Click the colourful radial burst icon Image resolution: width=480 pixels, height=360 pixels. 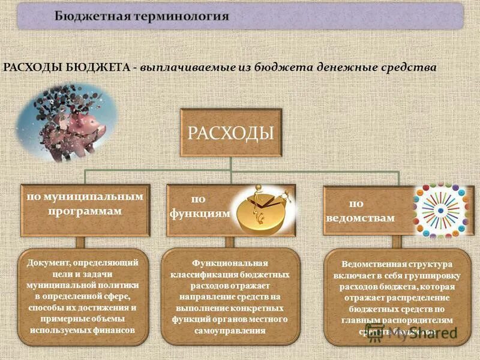[443, 209]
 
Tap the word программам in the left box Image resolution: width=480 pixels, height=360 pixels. [84, 211]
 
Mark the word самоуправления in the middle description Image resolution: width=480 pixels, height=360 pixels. [231, 331]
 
